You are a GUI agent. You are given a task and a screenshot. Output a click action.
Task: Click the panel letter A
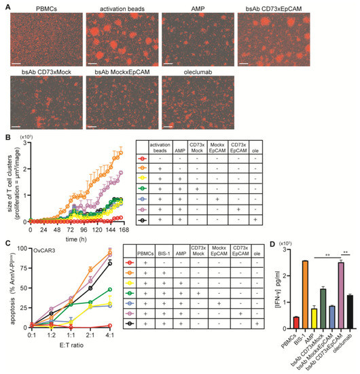[x=7, y=5]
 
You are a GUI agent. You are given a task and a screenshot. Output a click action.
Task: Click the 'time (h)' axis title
[x=70, y=239]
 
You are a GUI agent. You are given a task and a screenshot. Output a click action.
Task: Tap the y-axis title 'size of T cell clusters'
[x=10, y=180]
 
